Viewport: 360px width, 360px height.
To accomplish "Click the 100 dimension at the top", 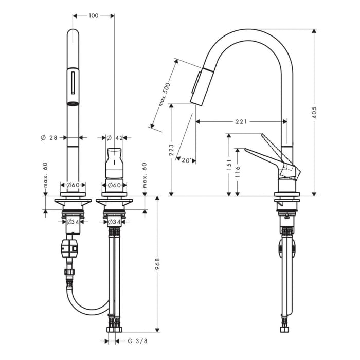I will [x=93, y=16].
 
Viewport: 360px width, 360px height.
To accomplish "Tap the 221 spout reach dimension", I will [x=241, y=122].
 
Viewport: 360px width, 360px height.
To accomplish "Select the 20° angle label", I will [x=187, y=160].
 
